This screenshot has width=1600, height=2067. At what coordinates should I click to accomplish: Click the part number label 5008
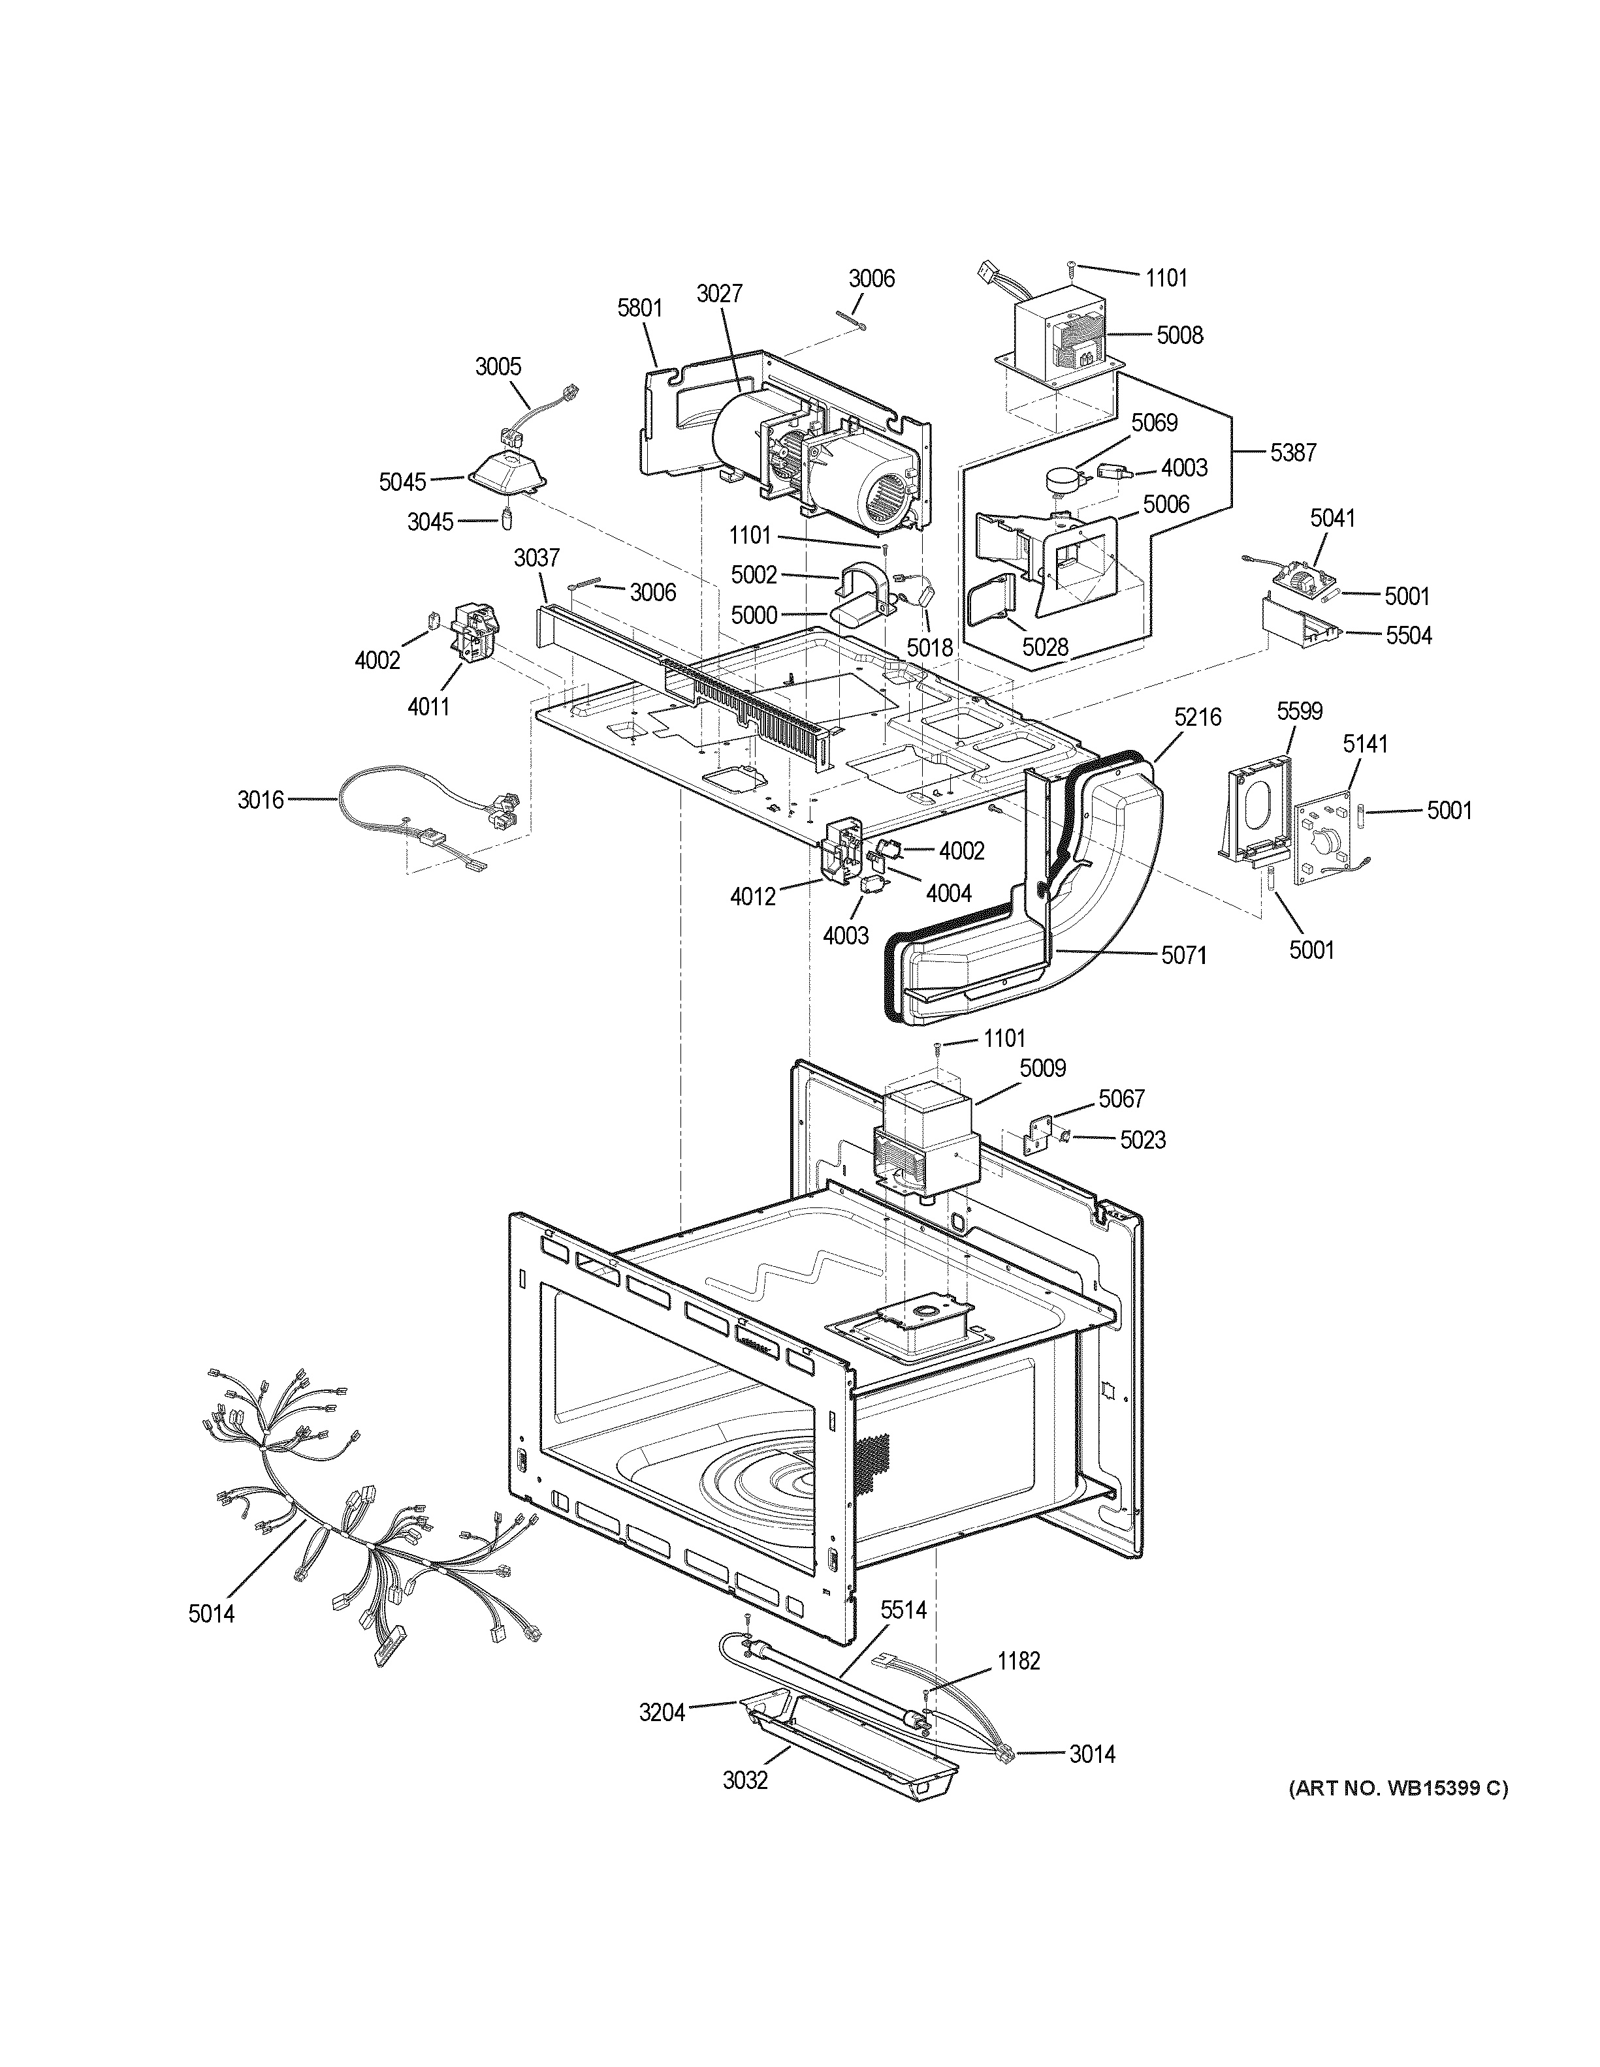[1179, 335]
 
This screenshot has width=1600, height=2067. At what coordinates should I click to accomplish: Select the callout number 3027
[720, 294]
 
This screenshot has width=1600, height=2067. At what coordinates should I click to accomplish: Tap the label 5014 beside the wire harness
[211, 1613]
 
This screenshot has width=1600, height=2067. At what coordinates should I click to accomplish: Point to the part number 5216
[1198, 717]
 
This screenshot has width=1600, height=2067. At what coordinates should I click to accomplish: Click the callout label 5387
[1292, 454]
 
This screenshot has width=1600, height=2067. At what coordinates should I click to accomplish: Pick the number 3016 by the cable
[261, 800]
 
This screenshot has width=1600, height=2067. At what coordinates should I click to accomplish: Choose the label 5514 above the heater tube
[903, 1609]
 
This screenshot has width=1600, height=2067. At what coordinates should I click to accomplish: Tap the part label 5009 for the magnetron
[1042, 1068]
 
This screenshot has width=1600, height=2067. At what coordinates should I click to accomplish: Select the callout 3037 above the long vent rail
[537, 559]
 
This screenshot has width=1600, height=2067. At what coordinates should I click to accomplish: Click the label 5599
[1299, 711]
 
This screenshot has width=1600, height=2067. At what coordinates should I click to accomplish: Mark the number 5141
[1364, 744]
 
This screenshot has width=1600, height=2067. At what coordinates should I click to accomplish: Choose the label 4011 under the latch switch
[429, 706]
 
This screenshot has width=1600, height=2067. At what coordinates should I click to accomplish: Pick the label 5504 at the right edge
[1408, 636]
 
